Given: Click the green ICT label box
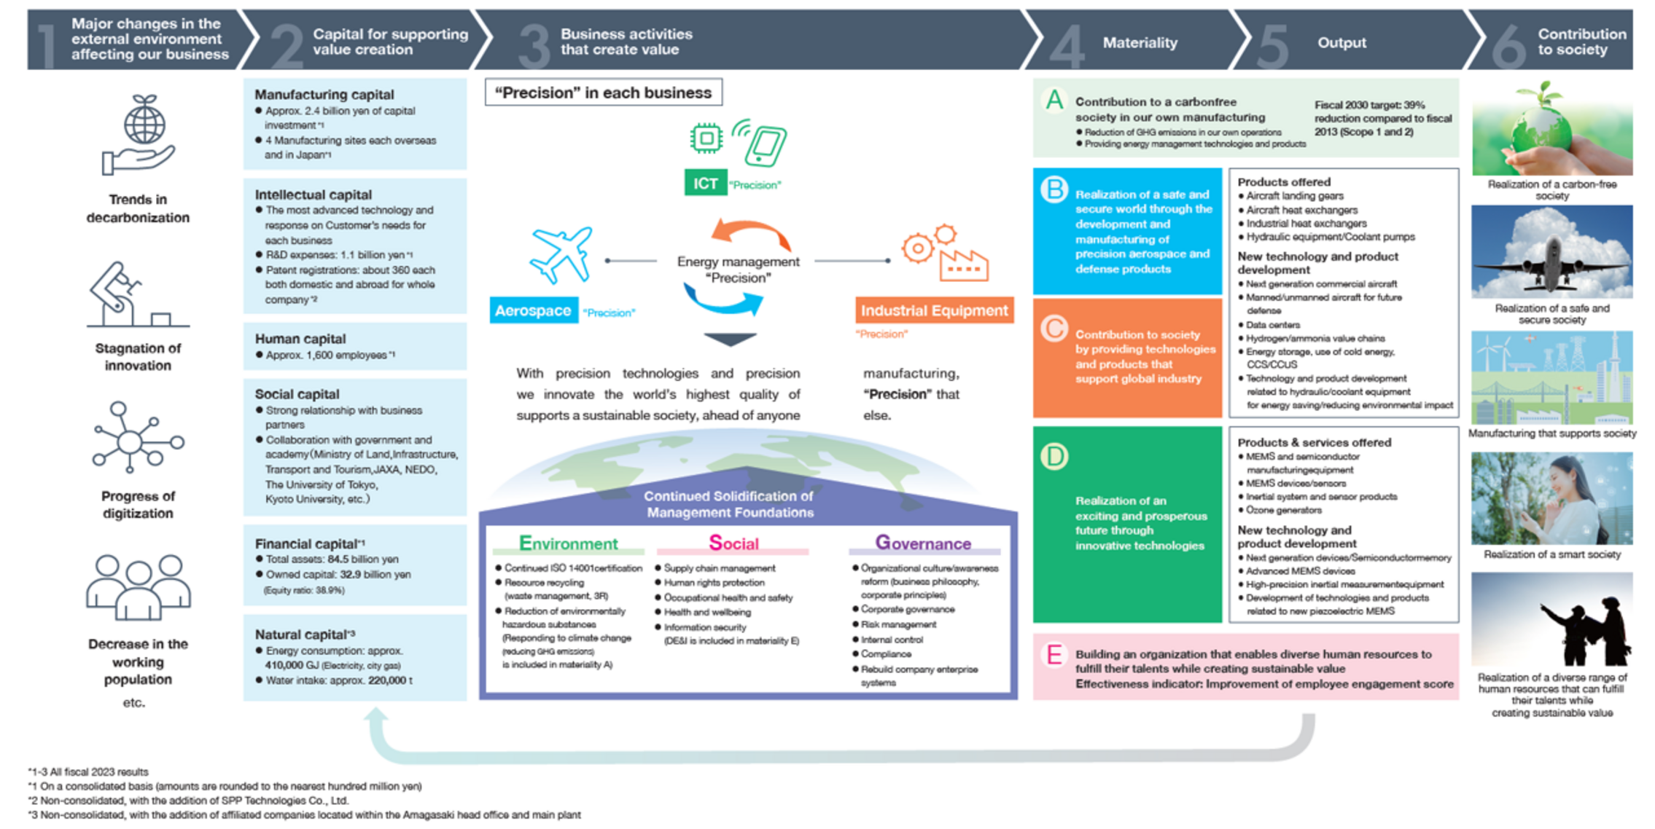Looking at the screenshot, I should pyautogui.click(x=704, y=183).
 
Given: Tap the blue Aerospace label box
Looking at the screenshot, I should pyautogui.click(x=533, y=311).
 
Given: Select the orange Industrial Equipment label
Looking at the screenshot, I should pyautogui.click(x=934, y=311).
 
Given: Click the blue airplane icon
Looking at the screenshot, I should pyautogui.click(x=561, y=254).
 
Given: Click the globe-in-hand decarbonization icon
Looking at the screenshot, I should pyautogui.click(x=139, y=135).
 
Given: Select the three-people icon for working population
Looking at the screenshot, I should pyautogui.click(x=138, y=587).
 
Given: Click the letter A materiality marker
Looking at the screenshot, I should pyautogui.click(x=1054, y=100).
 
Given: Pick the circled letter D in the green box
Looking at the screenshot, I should pyautogui.click(x=1054, y=457).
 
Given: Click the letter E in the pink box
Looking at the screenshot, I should pyautogui.click(x=1054, y=655).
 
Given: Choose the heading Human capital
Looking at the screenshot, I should pyautogui.click(x=300, y=339).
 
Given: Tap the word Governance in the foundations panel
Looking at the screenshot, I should pyautogui.click(x=923, y=543).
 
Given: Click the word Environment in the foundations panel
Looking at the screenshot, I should pyautogui.click(x=568, y=543).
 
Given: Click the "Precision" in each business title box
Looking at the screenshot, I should pyautogui.click(x=603, y=93).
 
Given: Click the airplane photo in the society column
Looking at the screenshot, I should pyautogui.click(x=1551, y=252).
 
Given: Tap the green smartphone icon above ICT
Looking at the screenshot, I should pyautogui.click(x=763, y=145).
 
